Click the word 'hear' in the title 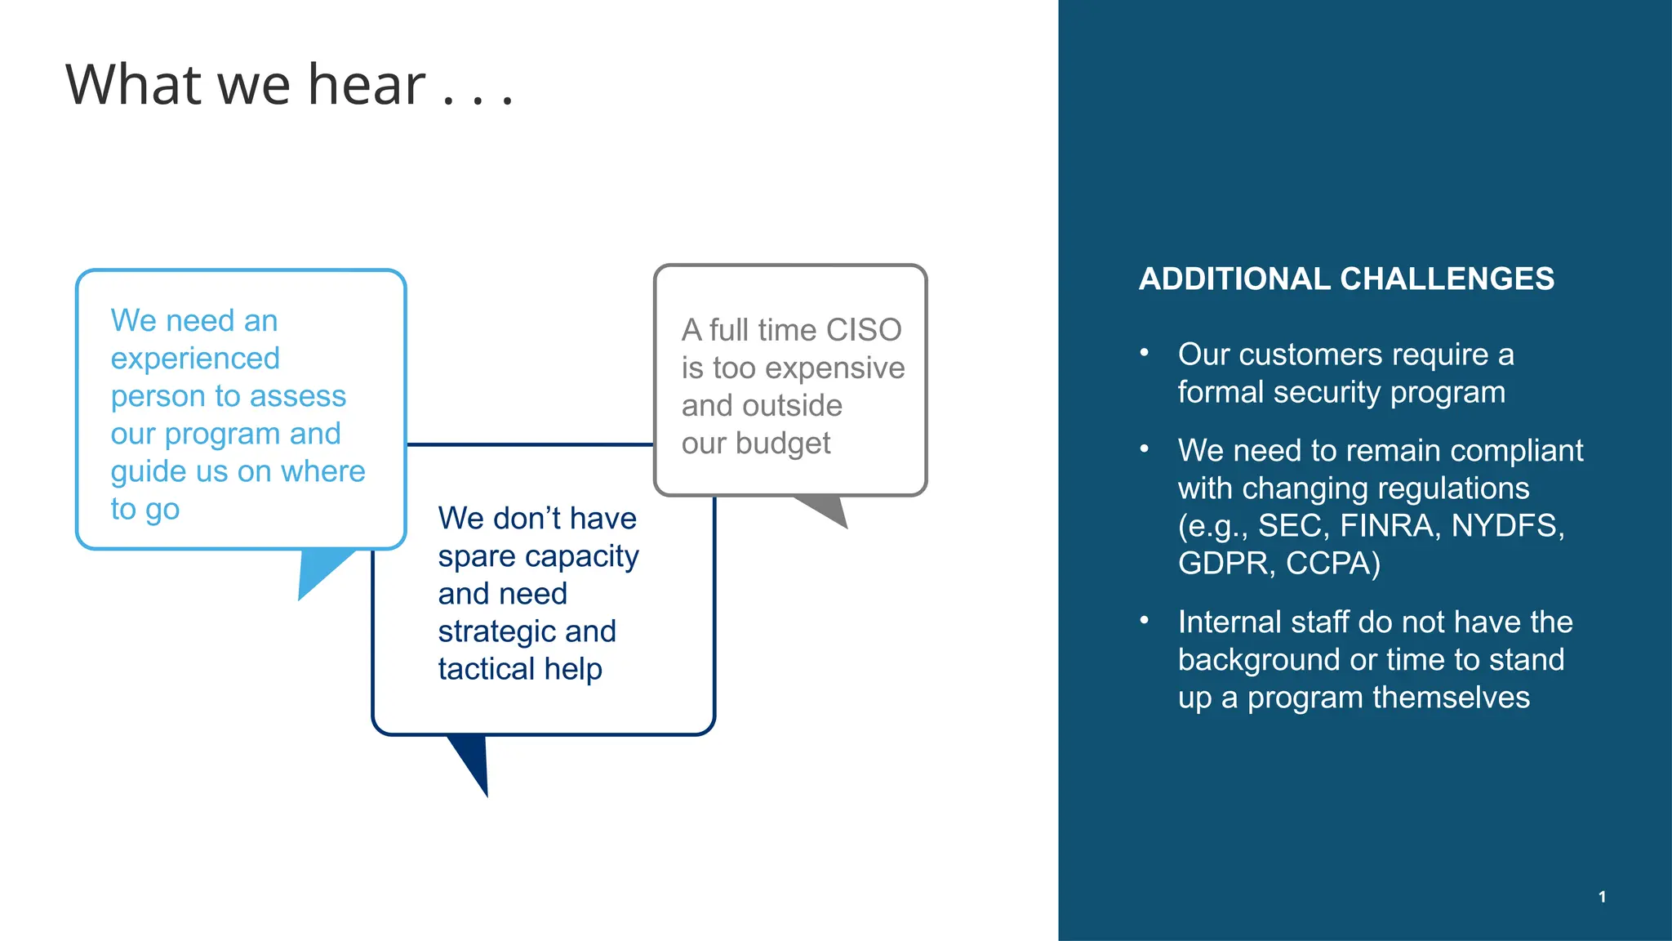(x=367, y=85)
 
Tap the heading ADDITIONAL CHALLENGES (x=1346, y=279)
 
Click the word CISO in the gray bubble (x=864, y=330)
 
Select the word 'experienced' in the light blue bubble (x=195, y=359)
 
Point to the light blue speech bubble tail (x=318, y=572)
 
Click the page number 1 (x=1602, y=897)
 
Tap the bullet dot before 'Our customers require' (x=1145, y=353)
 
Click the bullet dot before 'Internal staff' (x=1145, y=621)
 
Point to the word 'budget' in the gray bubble (x=782, y=444)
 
